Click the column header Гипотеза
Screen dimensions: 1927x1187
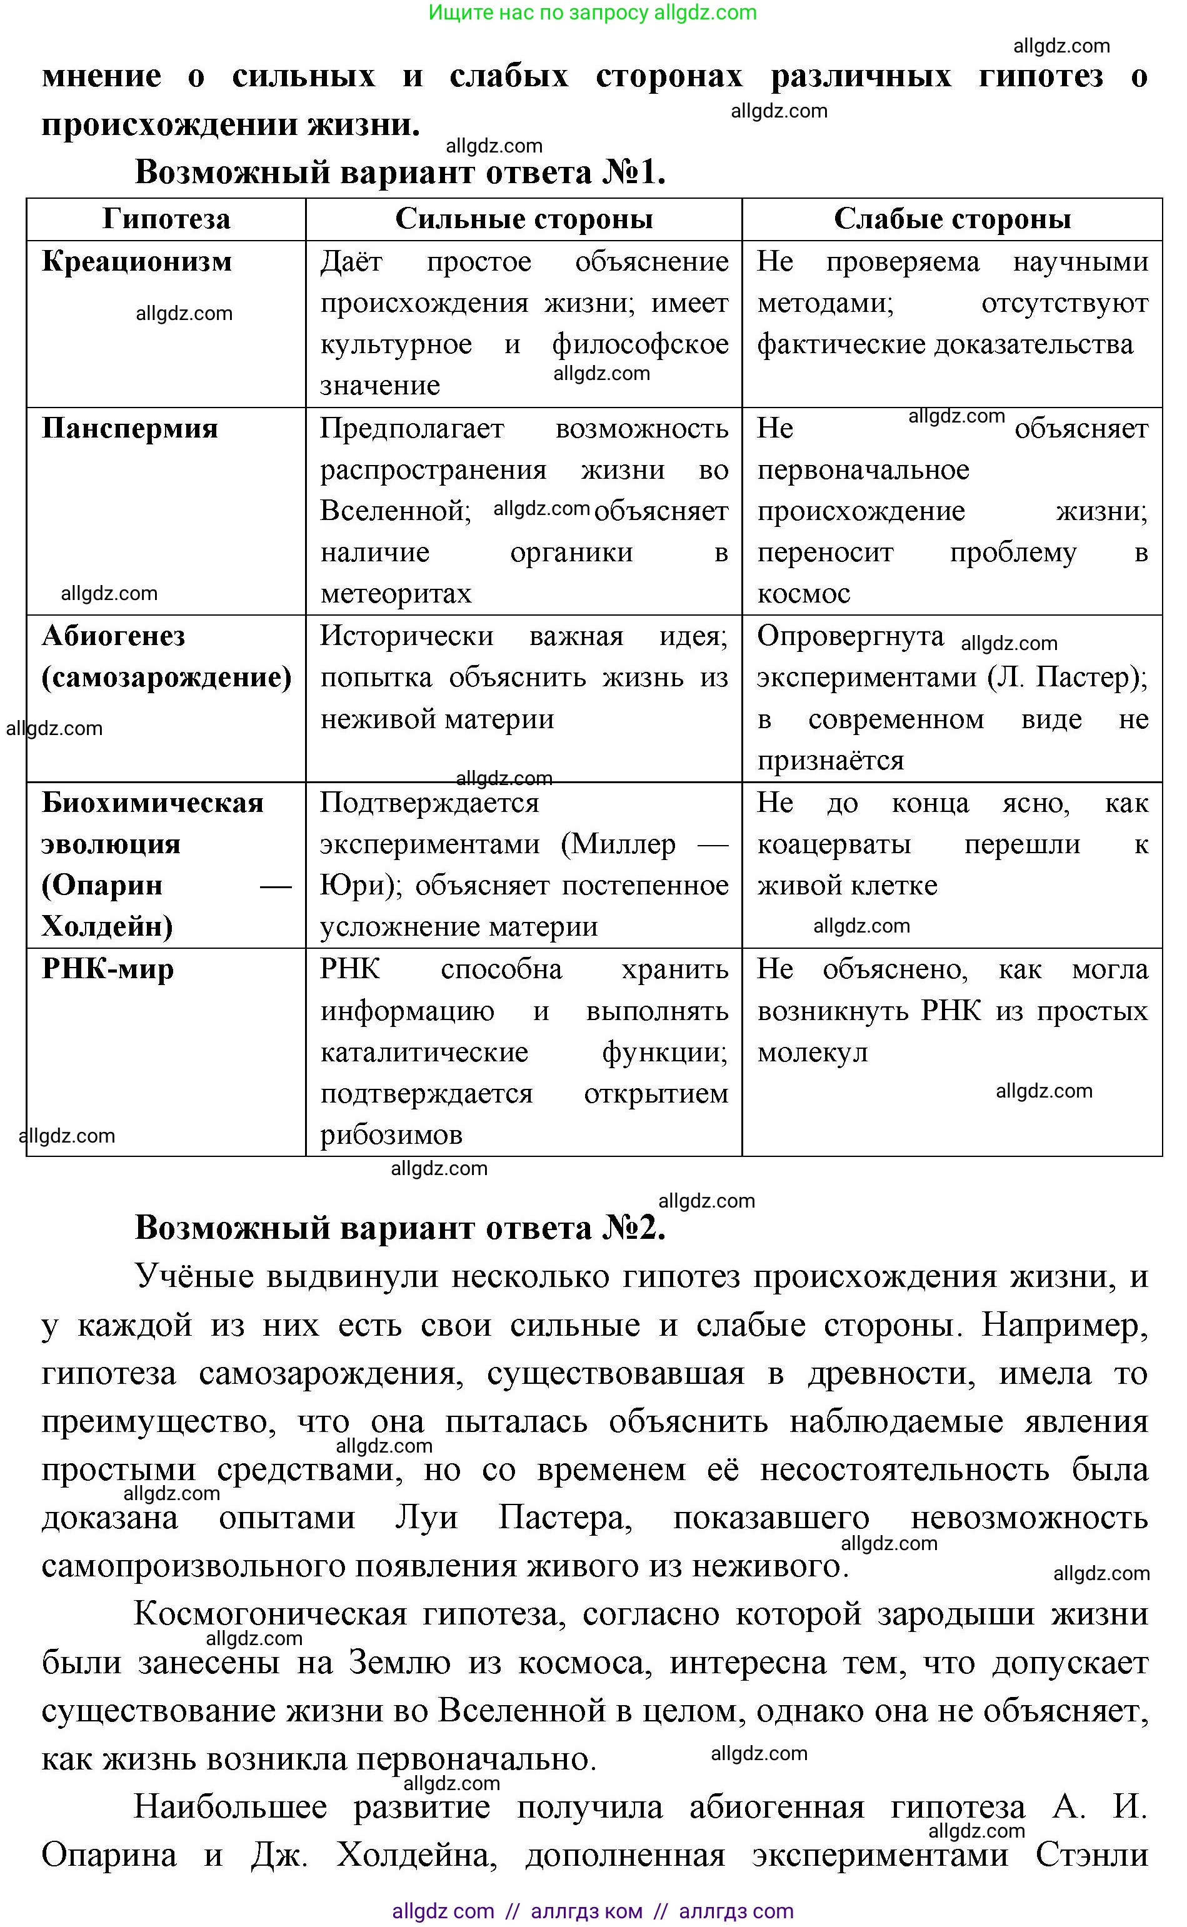coord(166,219)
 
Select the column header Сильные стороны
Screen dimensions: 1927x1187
coord(524,219)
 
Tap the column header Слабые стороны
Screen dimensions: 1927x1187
coord(951,219)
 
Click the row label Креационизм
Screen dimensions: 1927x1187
coord(137,261)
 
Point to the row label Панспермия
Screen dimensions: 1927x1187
coord(129,429)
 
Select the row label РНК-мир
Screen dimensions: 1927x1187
coord(108,969)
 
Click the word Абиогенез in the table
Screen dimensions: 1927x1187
coord(113,636)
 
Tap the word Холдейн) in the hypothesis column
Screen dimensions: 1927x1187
coord(107,927)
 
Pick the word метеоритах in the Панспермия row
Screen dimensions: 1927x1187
coord(396,593)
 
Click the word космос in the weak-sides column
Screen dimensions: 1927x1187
coord(803,593)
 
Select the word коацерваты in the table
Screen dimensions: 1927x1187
coord(834,844)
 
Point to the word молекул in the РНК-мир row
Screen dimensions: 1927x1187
coord(812,1053)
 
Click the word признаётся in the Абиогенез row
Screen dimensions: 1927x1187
coord(830,761)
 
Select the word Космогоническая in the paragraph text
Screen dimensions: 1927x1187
coord(270,1614)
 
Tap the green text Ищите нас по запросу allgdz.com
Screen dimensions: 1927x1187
coord(592,13)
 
